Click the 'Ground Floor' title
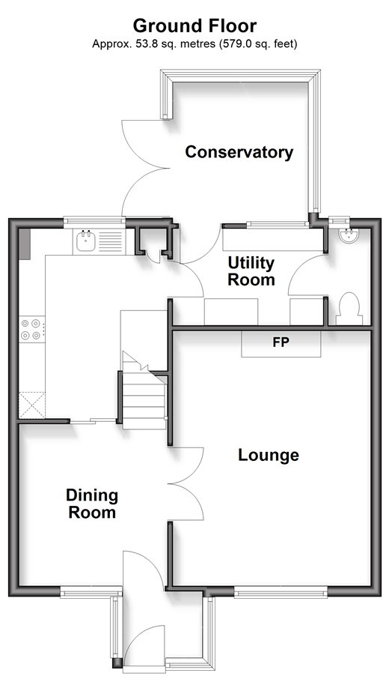tap(194, 26)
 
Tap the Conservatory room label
tap(239, 152)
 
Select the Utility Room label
tap(251, 271)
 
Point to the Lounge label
tap(269, 455)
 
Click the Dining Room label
tap(92, 504)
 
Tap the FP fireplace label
tap(281, 342)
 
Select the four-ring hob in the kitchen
tap(32, 329)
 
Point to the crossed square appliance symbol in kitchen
tap(31, 405)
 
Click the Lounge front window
tap(281, 592)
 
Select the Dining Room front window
tap(91, 592)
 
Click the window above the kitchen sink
tap(94, 222)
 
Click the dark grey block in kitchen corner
tap(24, 244)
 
